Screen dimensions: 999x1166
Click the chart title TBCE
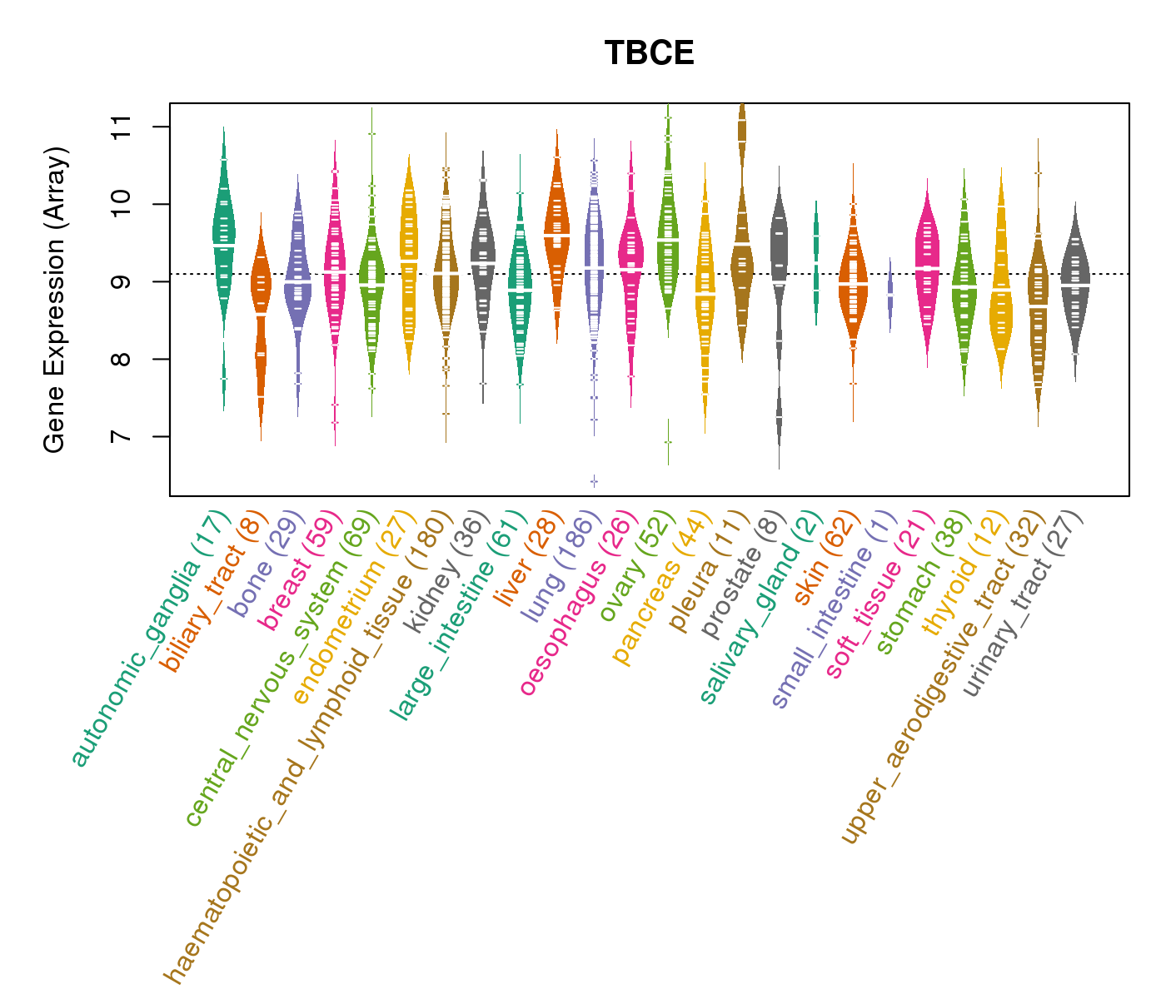(x=649, y=53)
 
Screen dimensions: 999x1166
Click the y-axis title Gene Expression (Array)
(x=55, y=300)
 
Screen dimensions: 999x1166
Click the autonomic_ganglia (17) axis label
(x=148, y=639)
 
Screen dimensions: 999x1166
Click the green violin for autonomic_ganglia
(x=223, y=241)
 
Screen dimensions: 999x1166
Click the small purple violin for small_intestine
(x=890, y=296)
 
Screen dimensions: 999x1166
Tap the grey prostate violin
(x=779, y=275)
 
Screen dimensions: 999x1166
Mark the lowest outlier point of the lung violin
(x=594, y=481)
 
